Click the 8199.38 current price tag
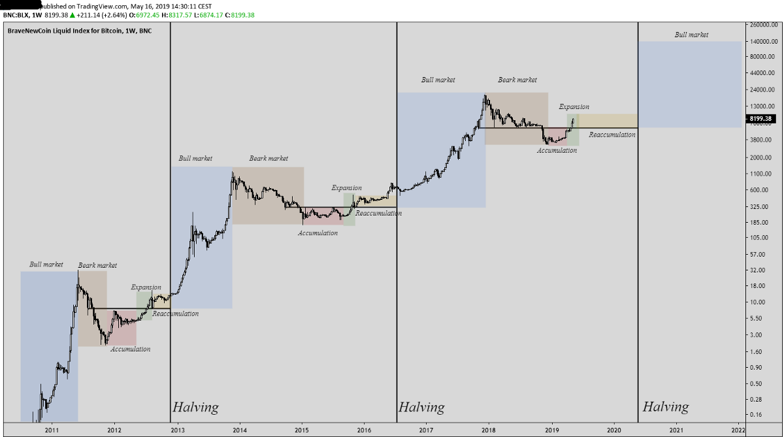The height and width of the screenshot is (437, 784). pos(760,119)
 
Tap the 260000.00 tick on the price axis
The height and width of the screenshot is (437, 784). pos(761,25)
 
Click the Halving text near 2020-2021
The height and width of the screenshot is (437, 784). pos(665,407)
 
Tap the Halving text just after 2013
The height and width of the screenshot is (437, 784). pos(195,407)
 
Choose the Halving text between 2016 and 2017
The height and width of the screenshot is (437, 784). pos(421,407)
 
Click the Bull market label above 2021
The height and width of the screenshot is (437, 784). pos(691,35)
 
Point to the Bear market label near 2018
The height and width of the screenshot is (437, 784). pos(517,80)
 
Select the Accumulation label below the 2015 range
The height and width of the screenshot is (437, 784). pos(318,233)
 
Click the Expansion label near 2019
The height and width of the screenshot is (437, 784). pos(574,106)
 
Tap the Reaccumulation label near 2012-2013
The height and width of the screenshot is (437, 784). pos(175,314)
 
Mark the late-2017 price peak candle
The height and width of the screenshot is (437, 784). pos(485,97)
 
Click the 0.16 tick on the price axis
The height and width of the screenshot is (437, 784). pos(757,414)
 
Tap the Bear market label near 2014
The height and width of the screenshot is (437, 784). pos(269,158)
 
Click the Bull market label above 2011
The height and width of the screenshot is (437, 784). pos(46,265)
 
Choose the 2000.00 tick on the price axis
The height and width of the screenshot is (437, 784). pos(759,157)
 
